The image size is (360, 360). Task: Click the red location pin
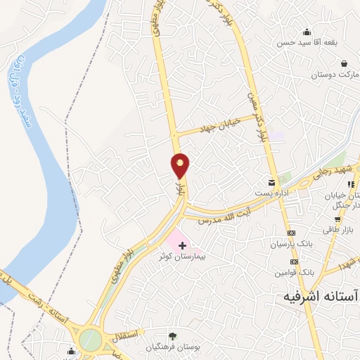[181, 165]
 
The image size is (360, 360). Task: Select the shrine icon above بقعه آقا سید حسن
[307, 32]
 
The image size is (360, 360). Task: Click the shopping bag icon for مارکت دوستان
[345, 63]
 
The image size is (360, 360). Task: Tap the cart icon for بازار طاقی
[348, 218]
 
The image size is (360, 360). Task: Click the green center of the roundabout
[89, 340]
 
